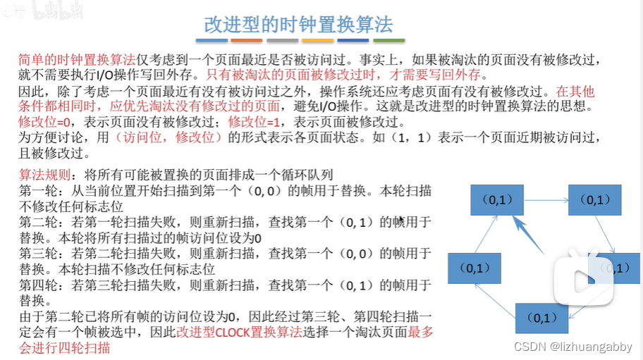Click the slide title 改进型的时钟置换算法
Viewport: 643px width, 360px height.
coord(298,24)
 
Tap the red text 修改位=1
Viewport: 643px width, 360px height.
coord(254,121)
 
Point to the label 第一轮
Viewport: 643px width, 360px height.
coord(35,191)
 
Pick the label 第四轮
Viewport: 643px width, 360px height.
coord(35,285)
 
